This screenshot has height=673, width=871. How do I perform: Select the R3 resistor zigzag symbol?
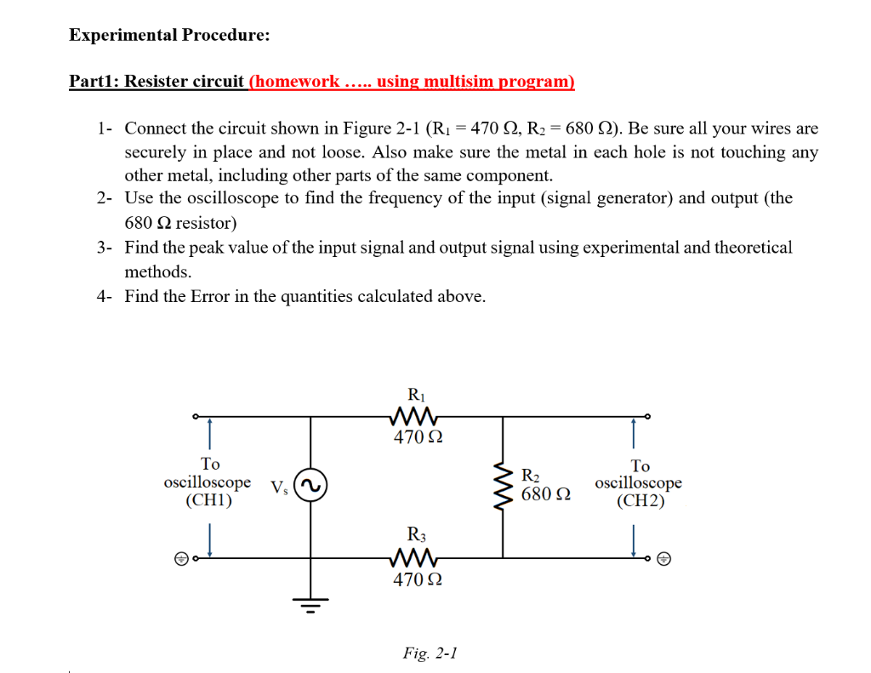[415, 558]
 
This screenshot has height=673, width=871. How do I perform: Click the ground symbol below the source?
[311, 606]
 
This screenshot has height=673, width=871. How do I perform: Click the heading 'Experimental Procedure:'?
[169, 35]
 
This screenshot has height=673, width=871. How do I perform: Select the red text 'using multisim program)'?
[475, 82]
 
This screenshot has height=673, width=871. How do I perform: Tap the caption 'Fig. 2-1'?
[430, 653]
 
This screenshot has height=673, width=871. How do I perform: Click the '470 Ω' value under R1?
[417, 438]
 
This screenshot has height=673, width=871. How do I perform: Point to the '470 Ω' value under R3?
[417, 580]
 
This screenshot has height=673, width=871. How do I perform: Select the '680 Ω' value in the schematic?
[545, 493]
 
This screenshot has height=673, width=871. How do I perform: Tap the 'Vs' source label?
[278, 488]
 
